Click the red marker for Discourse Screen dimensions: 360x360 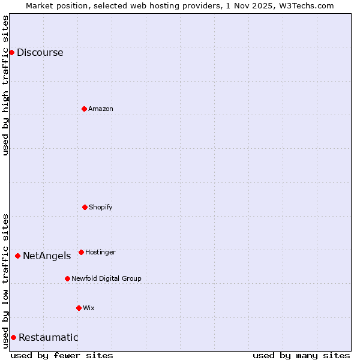pyautogui.click(x=11, y=52)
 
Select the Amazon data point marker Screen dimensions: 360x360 pyautogui.click(x=84, y=109)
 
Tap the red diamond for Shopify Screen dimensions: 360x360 pyautogui.click(x=85, y=207)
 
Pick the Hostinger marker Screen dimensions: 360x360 pyautogui.click(x=81, y=252)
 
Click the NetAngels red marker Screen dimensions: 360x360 pyautogui.click(x=17, y=256)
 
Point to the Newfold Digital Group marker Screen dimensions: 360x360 pyautogui.click(x=67, y=278)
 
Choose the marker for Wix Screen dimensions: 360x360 pyautogui.click(x=79, y=308)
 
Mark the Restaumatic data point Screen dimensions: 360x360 pyautogui.click(x=13, y=337)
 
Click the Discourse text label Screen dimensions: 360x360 pyautogui.click(x=40, y=53)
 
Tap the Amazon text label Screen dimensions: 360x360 pyautogui.click(x=101, y=109)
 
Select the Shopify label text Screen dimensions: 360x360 pyautogui.click(x=101, y=208)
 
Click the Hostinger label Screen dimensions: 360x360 pyautogui.click(x=100, y=253)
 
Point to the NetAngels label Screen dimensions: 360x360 pyautogui.click(x=47, y=256)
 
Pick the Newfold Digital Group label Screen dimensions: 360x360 pyautogui.click(x=106, y=279)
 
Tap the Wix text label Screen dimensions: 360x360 pyautogui.click(x=89, y=308)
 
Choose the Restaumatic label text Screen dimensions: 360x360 pyautogui.click(x=48, y=338)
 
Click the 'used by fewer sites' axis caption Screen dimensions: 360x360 pyautogui.click(x=62, y=355)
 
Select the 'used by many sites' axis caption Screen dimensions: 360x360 pyautogui.click(x=301, y=355)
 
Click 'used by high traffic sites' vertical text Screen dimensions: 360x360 pyautogui.click(x=5, y=86)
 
